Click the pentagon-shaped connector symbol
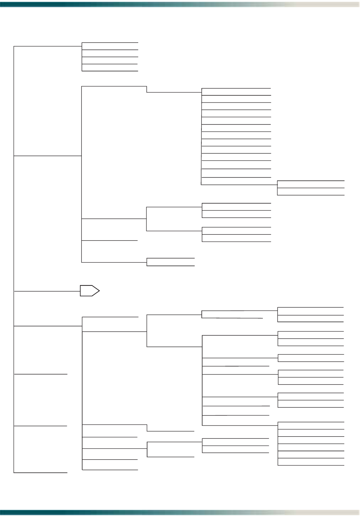click(x=89, y=291)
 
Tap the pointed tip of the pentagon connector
click(x=99, y=291)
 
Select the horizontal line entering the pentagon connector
click(x=46, y=291)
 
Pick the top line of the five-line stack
click(x=110, y=43)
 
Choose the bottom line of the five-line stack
click(x=110, y=71)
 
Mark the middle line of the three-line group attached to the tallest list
click(x=311, y=188)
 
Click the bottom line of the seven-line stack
click(x=311, y=465)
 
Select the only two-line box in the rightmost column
click(x=311, y=358)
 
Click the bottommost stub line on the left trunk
click(x=40, y=473)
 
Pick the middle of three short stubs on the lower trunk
click(x=40, y=426)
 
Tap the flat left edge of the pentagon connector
click(x=80, y=291)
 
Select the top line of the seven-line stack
click(x=311, y=422)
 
